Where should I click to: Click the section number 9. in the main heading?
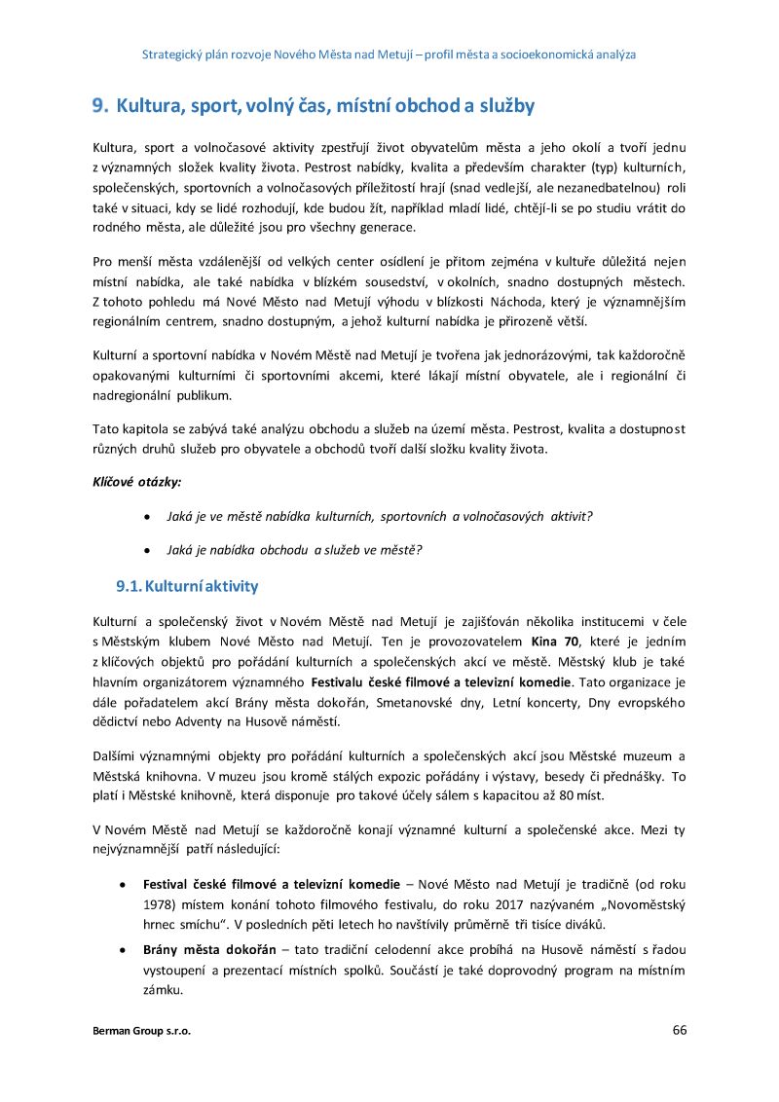tap(99, 105)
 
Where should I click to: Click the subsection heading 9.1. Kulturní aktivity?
tap(187, 586)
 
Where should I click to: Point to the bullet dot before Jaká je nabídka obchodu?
tap(146, 549)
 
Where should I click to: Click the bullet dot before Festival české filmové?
tap(120, 884)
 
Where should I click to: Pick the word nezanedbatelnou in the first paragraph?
tap(615, 186)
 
